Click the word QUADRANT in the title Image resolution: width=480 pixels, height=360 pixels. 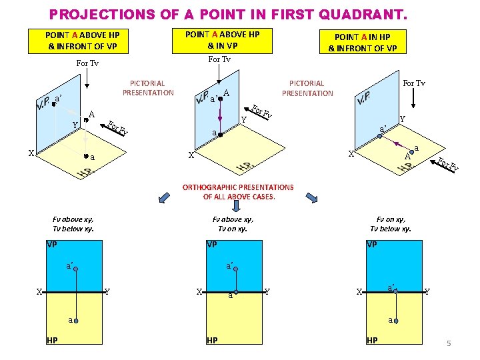363,15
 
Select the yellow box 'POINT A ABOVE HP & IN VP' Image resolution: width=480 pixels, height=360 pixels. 222,41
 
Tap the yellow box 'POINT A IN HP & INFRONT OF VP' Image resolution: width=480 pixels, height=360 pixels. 363,42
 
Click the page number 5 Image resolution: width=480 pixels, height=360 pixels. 449,343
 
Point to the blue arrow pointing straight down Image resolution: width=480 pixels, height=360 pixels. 236,206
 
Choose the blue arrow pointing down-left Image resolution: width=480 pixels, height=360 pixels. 164,197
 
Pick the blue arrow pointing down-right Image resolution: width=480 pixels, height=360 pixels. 311,198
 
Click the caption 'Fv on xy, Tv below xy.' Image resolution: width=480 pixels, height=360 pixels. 391,224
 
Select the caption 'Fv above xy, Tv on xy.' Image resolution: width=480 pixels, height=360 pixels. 233,224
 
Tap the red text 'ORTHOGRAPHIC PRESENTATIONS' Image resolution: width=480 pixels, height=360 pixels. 238,187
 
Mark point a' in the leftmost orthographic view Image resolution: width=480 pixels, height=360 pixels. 76,269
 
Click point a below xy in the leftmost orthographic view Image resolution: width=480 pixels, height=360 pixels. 76,321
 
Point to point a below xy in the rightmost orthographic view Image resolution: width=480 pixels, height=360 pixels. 396,321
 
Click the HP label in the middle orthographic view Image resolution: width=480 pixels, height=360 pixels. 212,340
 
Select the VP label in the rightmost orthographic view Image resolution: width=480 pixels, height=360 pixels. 371,244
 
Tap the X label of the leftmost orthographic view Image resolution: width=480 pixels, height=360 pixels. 39,292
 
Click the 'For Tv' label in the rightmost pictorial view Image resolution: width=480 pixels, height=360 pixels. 414,83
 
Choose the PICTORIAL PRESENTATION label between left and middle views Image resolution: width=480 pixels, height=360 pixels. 148,88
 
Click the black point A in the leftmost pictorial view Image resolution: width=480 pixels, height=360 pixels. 86,120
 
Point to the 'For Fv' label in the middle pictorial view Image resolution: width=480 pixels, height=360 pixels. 261,111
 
